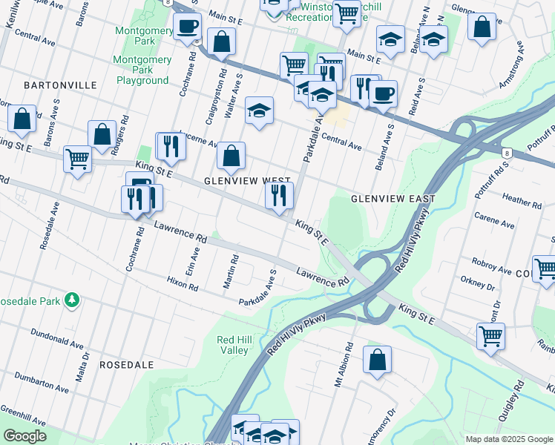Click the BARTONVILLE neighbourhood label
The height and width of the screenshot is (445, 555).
(x=60, y=85)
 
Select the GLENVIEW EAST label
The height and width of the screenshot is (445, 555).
(x=393, y=199)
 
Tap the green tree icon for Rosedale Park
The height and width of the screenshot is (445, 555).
(x=71, y=300)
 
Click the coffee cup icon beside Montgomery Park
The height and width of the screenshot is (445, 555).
(x=188, y=27)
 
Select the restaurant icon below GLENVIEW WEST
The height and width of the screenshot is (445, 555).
(x=280, y=196)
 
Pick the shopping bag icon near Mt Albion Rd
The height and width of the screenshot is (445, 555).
(x=377, y=360)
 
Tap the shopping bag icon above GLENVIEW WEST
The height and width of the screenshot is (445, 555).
(x=231, y=156)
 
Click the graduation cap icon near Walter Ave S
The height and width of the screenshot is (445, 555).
(x=259, y=111)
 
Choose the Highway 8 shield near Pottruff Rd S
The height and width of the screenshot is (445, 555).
(x=507, y=152)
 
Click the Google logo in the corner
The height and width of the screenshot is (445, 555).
(x=24, y=436)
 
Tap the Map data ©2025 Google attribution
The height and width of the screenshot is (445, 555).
(x=508, y=439)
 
